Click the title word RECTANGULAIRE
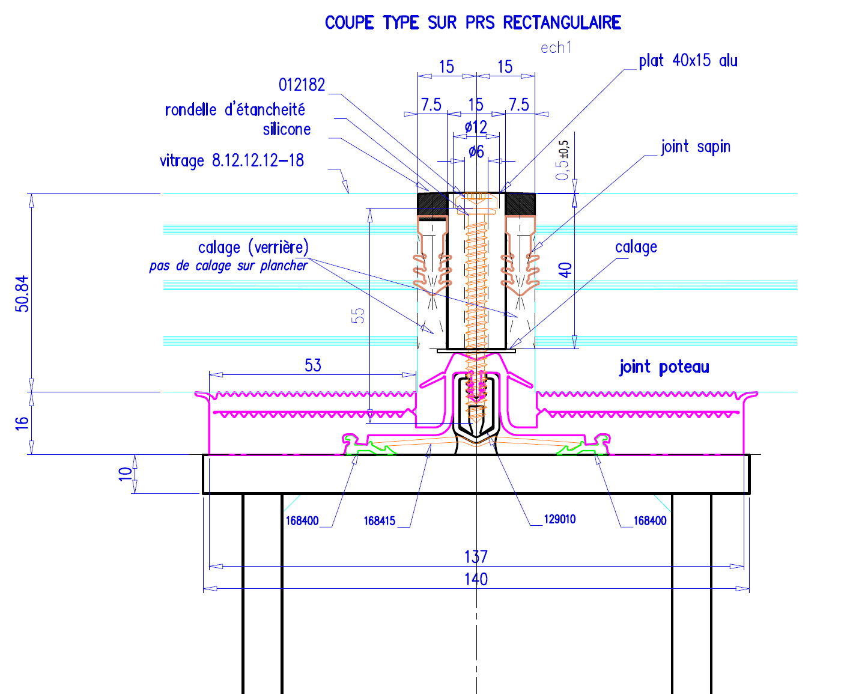tap(562, 23)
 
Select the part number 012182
tap(302, 85)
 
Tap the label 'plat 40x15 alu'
tap(688, 61)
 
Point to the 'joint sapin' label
tap(696, 147)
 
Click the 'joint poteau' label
tap(664, 367)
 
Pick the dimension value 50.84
tap(22, 294)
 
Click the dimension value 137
tap(476, 557)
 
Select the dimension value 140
tap(476, 579)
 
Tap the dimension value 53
tap(313, 365)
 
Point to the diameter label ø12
tap(476, 127)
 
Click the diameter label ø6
tap(476, 152)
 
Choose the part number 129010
tap(559, 519)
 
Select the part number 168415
tap(379, 521)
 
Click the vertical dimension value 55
tap(358, 315)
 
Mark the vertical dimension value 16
tap(22, 422)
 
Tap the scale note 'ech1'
tap(556, 48)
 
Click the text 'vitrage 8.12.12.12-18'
tap(232, 161)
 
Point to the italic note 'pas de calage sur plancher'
tap(228, 266)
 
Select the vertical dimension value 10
tap(125, 473)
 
